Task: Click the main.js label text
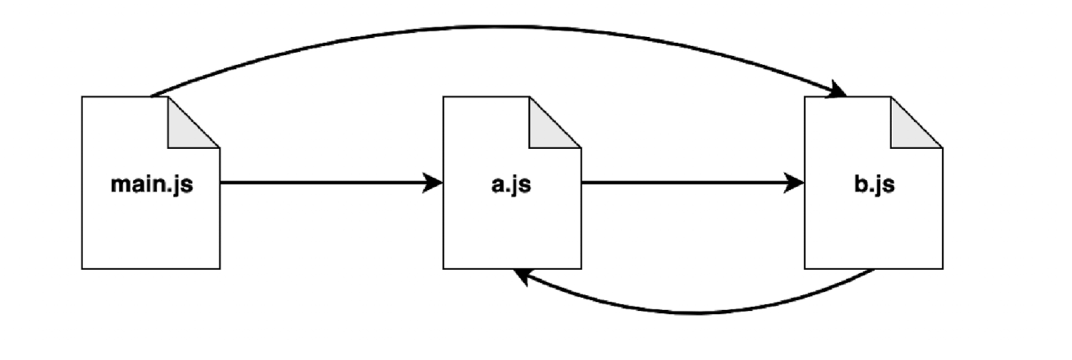[x=151, y=184]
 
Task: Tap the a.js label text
[x=511, y=184]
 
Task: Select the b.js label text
[x=873, y=184]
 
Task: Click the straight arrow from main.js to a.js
[x=325, y=182]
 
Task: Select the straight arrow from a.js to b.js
[x=688, y=182]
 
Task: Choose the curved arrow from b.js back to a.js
[x=696, y=311]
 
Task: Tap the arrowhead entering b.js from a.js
[x=795, y=182]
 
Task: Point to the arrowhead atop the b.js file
[x=838, y=92]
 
